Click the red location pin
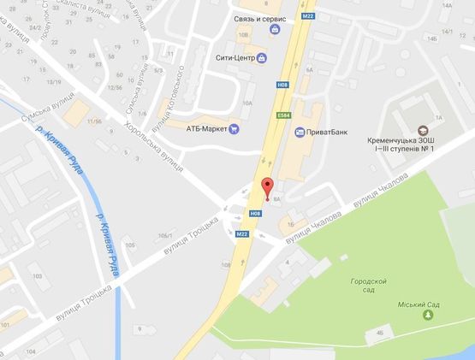pos(267,188)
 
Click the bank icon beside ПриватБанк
pos(299,132)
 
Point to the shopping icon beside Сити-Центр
pos(261,58)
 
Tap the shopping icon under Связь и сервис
pos(274,30)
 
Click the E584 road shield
pos(283,116)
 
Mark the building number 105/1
pos(165,235)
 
